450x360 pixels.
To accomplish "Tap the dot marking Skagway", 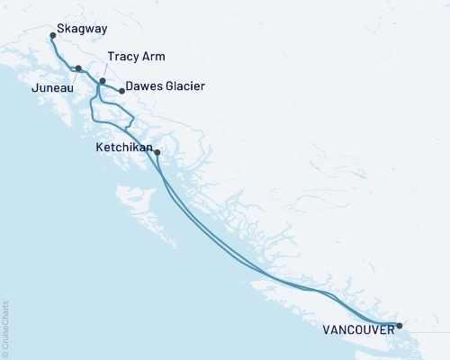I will click(54, 36).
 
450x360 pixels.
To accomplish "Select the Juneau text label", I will click(51, 89).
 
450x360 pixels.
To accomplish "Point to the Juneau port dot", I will click(78, 68).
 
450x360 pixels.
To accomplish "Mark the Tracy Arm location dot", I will click(102, 82).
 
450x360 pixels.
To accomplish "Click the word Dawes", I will click(145, 87).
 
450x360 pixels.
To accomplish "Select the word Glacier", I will click(185, 87).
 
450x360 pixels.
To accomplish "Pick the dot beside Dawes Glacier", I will click(121, 91).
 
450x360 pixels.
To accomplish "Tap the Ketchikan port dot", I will click(157, 152).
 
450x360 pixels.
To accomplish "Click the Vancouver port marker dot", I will click(400, 325).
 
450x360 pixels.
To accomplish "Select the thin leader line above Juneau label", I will click(73, 77).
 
